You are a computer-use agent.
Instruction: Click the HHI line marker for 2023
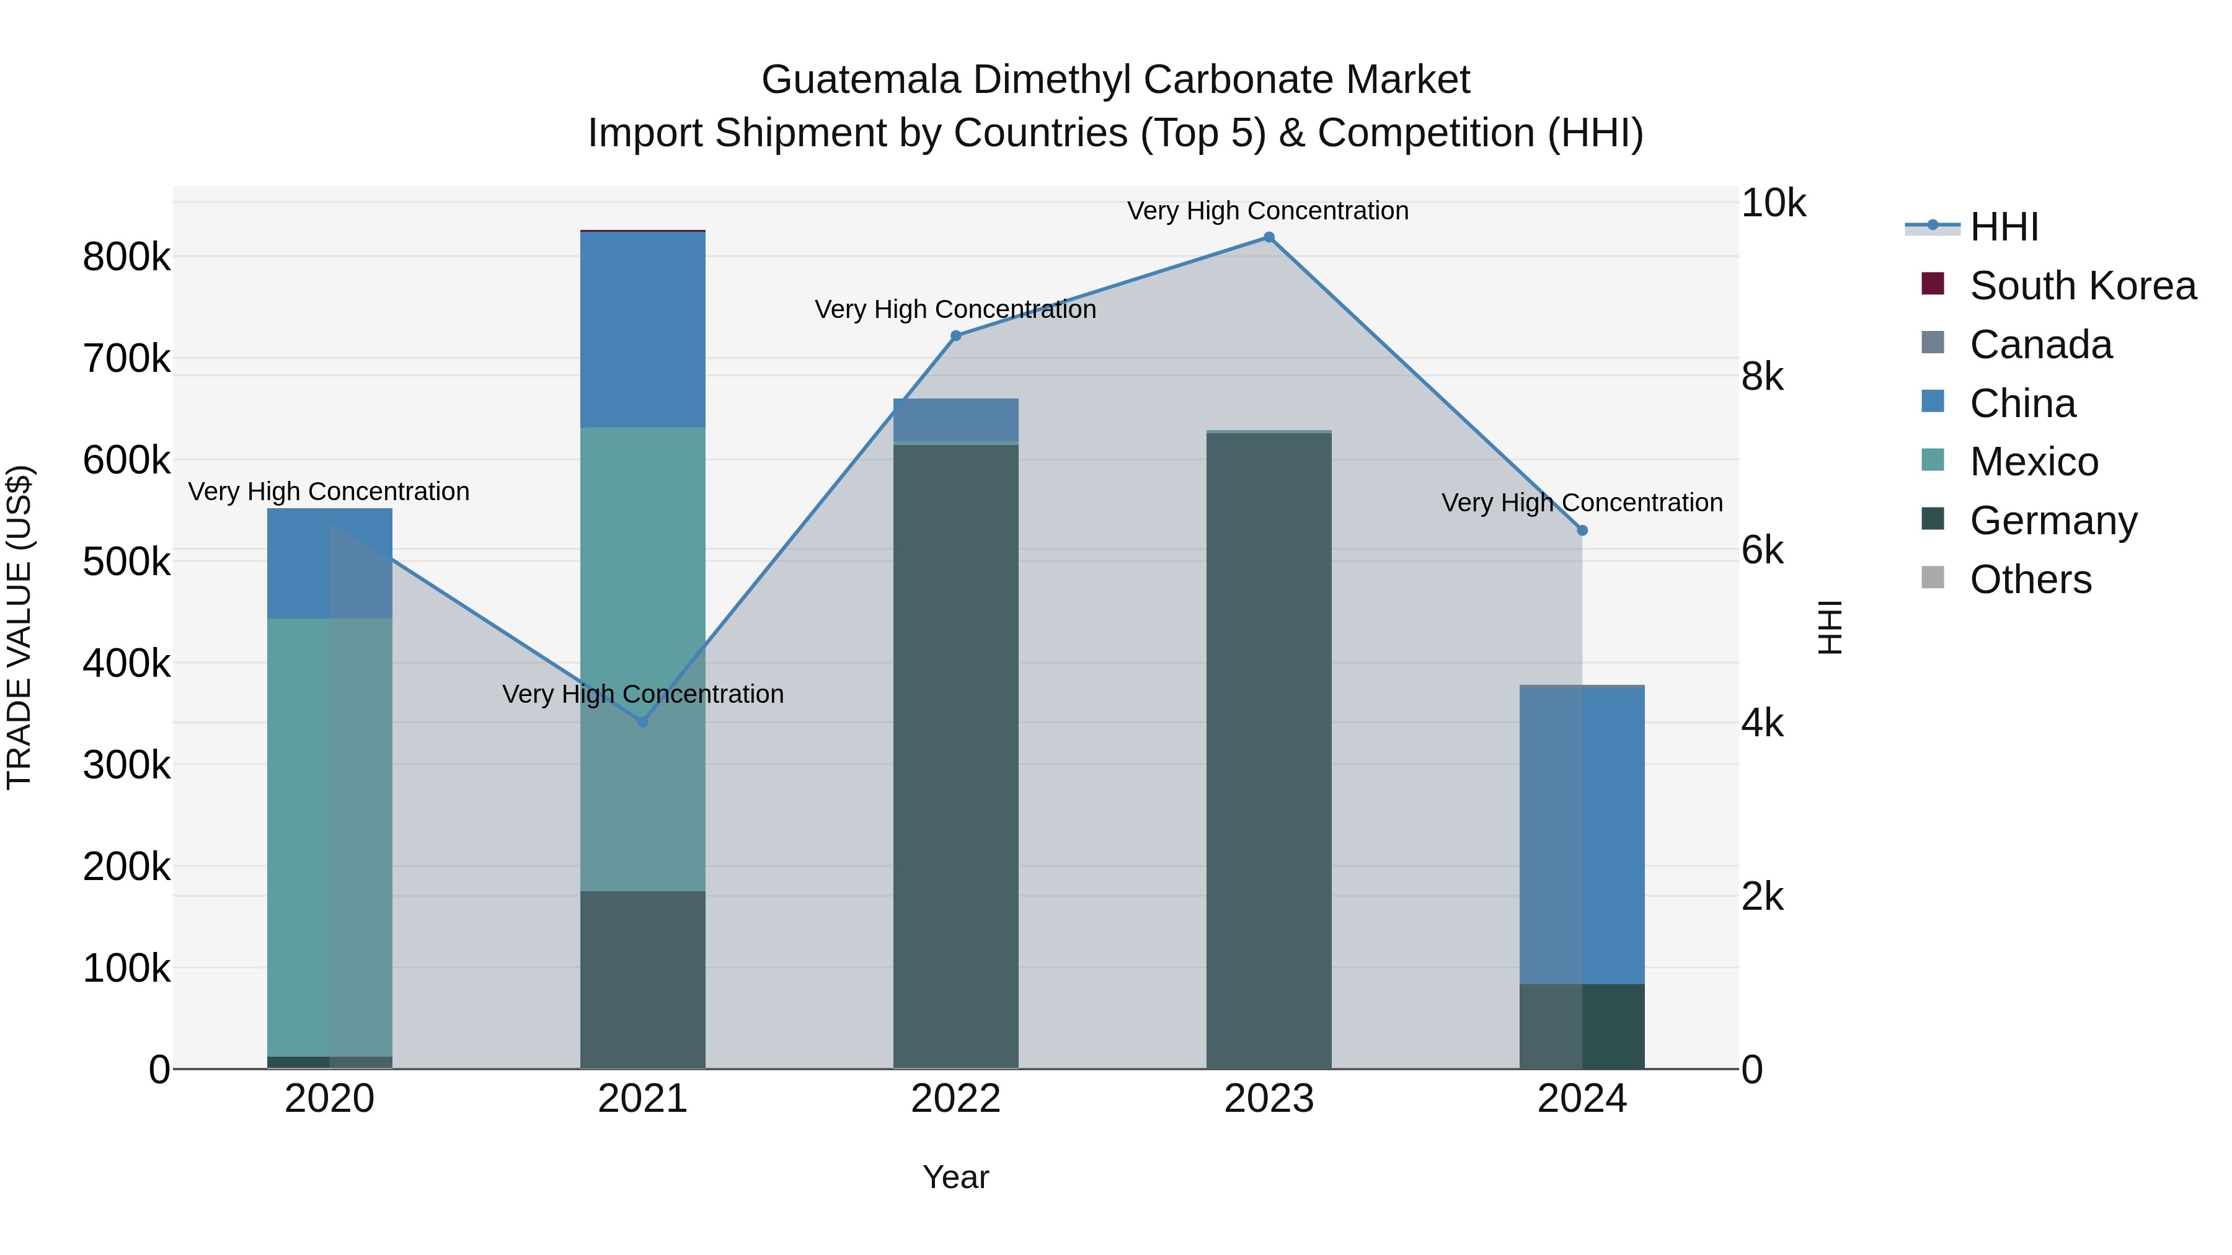tap(1269, 237)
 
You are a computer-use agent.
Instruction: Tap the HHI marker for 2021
tap(643, 721)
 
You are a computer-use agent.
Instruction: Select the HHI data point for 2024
tap(1582, 530)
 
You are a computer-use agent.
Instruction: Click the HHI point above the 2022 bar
tap(955, 336)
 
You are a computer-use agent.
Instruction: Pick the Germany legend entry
tap(2053, 521)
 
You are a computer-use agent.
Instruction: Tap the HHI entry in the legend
tap(2003, 227)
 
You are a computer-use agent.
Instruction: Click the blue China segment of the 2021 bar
tap(643, 329)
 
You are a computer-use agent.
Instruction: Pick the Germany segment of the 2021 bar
tap(643, 979)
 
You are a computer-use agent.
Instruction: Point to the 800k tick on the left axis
tap(126, 257)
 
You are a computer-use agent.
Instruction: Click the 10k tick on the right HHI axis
tap(1773, 203)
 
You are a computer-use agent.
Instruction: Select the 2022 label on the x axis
tap(955, 1099)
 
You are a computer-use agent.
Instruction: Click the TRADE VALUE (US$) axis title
tap(19, 627)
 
